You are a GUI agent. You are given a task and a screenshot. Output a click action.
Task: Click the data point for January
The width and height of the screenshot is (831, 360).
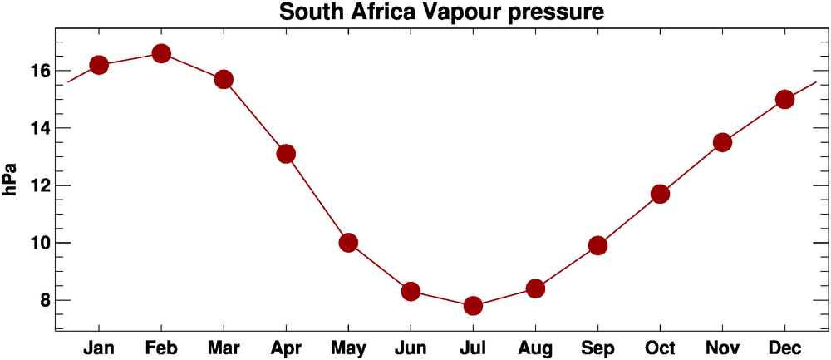tap(99, 65)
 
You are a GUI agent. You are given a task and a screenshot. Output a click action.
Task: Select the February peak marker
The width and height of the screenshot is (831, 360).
tap(161, 53)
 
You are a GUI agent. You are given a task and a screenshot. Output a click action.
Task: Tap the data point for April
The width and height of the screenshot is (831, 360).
tap(286, 154)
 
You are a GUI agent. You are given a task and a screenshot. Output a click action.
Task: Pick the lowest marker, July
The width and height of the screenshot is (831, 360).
tap(473, 306)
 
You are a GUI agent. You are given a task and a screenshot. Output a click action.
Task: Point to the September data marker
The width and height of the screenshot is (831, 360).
tap(597, 245)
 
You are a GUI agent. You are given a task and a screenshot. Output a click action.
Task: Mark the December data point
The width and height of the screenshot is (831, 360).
tap(784, 99)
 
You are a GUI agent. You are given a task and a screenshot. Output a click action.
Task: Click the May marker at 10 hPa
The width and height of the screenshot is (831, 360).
tap(348, 243)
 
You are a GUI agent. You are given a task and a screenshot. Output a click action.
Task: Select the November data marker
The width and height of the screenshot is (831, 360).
tap(722, 142)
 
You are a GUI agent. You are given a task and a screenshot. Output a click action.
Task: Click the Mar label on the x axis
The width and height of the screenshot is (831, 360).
tap(224, 347)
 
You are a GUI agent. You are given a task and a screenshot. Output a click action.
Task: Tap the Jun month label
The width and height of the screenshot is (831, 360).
tap(411, 347)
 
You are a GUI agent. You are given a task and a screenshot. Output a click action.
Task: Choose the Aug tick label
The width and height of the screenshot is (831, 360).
tap(535, 347)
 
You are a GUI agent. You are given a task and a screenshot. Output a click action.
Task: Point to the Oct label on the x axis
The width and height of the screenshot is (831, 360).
tap(660, 347)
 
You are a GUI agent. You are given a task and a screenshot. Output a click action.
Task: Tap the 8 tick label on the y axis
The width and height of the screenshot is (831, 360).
tap(42, 300)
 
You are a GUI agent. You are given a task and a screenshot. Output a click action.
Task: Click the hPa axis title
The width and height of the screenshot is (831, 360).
tap(12, 180)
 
